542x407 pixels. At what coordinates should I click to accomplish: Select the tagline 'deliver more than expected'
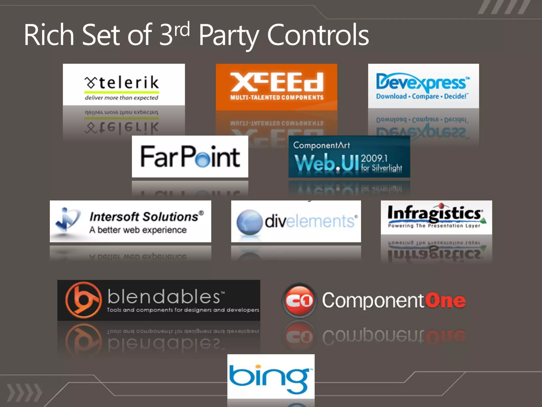point(121,98)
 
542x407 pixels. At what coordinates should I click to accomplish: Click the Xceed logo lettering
point(277,82)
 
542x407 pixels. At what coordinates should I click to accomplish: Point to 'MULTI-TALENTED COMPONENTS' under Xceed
point(277,98)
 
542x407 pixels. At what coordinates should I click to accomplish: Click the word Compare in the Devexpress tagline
point(425,96)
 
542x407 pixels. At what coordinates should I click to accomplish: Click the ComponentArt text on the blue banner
point(322,145)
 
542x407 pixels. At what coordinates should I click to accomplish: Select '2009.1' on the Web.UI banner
point(374,158)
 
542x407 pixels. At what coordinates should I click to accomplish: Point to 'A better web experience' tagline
point(138,230)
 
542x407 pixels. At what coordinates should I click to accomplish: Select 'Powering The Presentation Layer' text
point(434,226)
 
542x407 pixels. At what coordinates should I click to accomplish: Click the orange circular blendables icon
point(83,300)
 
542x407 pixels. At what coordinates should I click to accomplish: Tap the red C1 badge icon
point(299,300)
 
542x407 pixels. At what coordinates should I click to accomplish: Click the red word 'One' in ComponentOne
point(445,300)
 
